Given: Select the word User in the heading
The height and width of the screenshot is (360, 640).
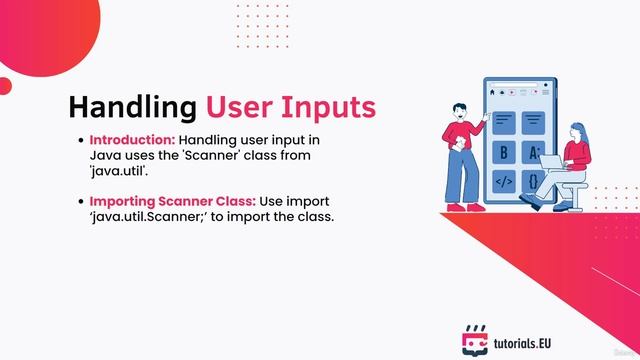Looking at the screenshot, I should coord(239,106).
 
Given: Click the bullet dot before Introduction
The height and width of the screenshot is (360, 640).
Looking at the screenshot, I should coord(79,140).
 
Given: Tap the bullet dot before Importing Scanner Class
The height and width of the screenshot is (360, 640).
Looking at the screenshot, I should coord(79,202).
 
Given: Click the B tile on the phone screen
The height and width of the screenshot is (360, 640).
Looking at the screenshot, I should coord(504,153).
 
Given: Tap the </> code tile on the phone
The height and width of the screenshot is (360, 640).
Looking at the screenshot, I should coord(504,182).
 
